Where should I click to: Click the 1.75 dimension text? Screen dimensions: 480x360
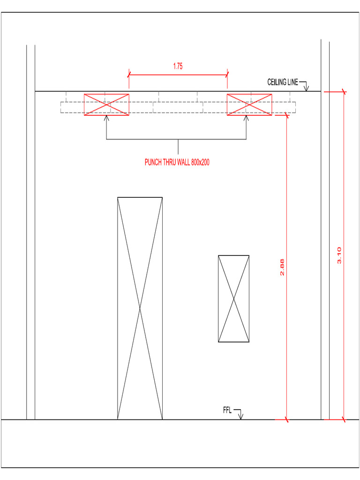point(178,67)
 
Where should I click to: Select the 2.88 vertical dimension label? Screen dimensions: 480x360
point(282,267)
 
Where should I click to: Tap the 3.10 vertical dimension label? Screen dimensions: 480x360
point(339,255)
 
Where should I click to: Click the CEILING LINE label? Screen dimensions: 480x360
point(283,82)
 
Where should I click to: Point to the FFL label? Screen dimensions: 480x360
point(227,411)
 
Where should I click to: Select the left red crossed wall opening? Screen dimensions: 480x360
point(106,105)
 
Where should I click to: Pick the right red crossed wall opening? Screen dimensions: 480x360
point(249,105)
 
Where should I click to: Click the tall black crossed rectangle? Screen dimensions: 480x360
point(140,308)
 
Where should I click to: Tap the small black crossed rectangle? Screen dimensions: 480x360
point(233,299)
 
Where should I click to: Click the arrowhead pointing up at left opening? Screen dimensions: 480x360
point(106,118)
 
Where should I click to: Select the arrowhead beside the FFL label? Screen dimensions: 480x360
point(241,417)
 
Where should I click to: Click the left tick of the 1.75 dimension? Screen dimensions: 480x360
point(129,74)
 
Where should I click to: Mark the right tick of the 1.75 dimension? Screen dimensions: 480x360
point(227,74)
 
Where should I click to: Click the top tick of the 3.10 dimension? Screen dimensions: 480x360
point(344,91)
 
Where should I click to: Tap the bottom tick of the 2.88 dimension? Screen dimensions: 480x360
point(286,419)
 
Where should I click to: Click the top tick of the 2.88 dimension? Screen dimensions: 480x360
point(286,115)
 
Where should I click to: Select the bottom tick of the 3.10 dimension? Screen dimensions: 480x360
point(344,419)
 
